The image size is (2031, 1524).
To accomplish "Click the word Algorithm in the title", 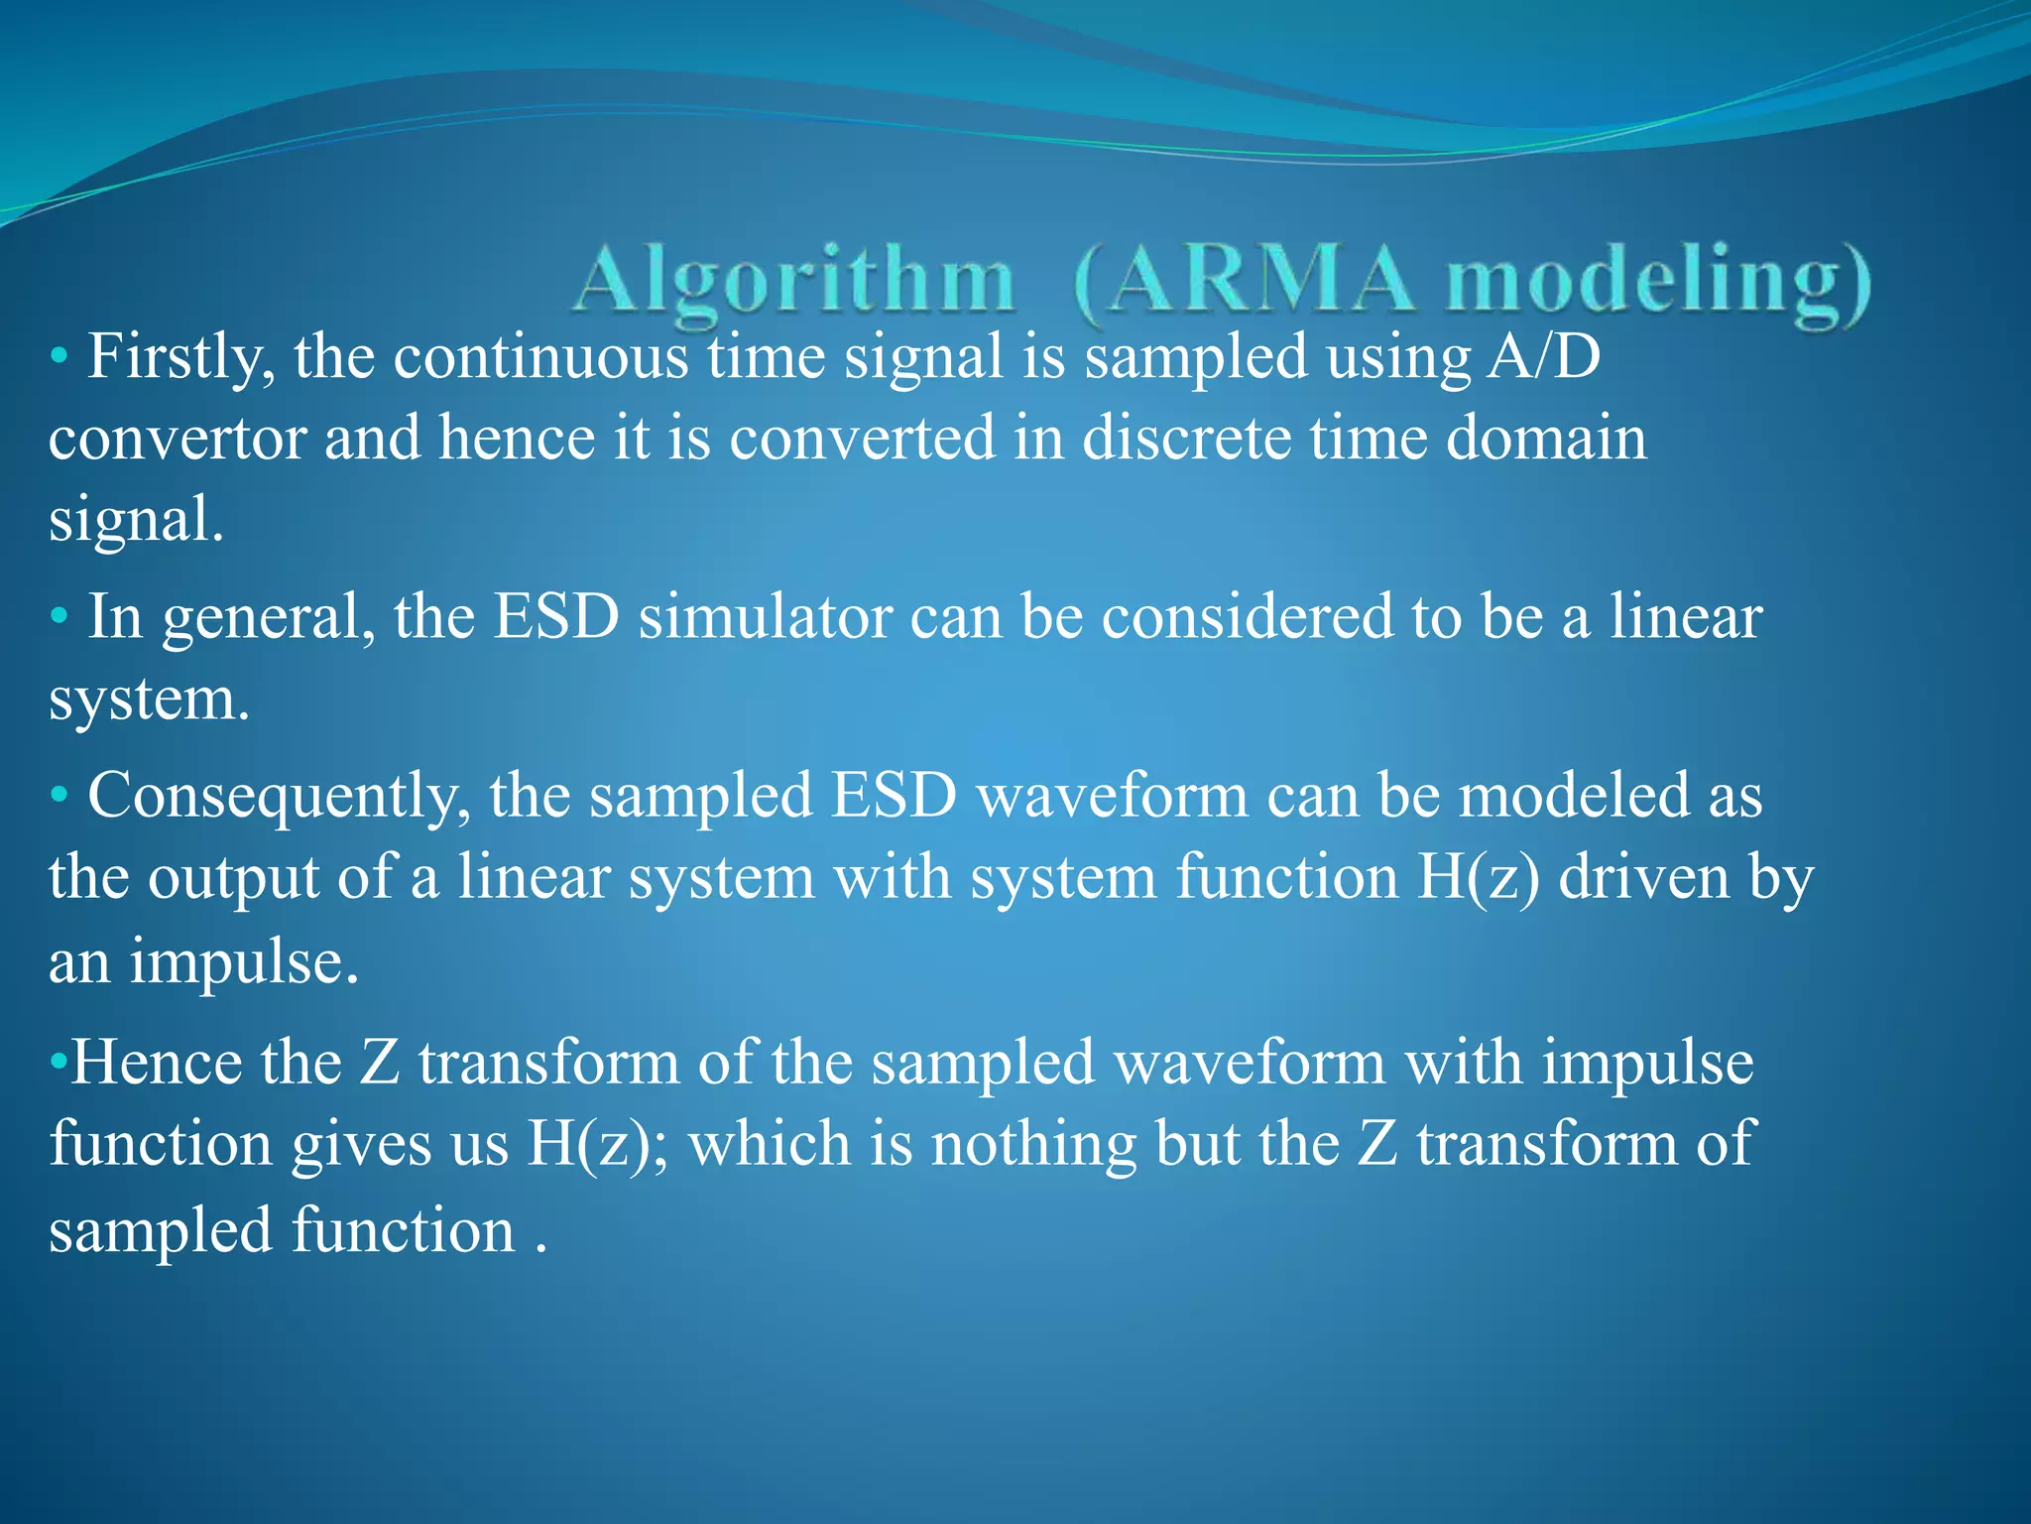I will (793, 283).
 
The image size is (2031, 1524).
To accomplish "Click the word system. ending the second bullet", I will (149, 700).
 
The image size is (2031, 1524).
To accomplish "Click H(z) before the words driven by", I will (1478, 879).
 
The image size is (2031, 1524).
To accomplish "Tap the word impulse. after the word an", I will (244, 962).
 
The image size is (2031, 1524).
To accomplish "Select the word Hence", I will (157, 1062).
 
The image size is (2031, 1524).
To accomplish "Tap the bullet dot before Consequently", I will (60, 796).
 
